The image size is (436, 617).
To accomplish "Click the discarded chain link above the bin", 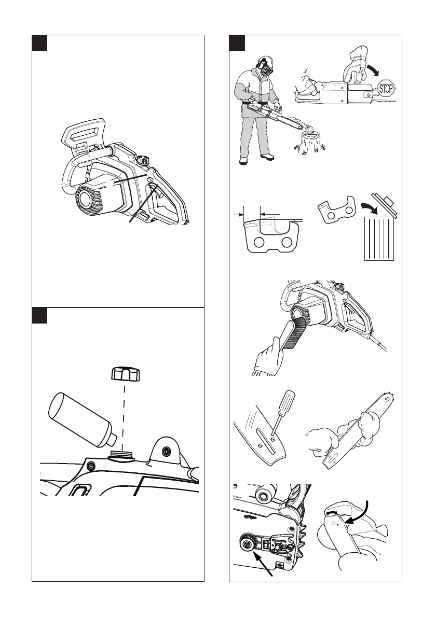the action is coord(336,211).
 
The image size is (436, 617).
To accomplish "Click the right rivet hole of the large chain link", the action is coord(287,242).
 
